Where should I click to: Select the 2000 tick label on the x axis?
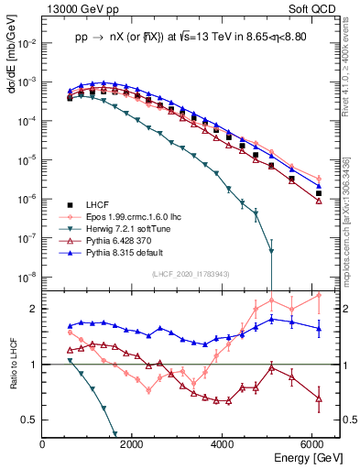(x=134, y=444)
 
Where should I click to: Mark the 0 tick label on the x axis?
(x=43, y=444)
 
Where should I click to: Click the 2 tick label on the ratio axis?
(x=35, y=309)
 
